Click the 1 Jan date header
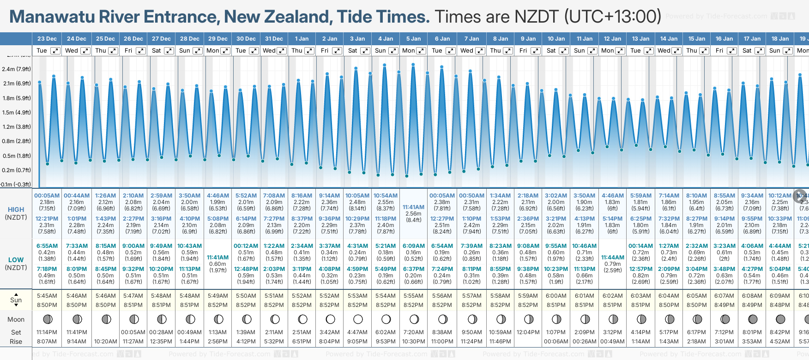click(302, 39)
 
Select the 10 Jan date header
click(556, 39)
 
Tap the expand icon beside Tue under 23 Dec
click(55, 51)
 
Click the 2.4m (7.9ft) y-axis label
click(16, 69)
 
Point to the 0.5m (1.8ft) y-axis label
click(16, 156)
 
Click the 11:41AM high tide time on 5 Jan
click(413, 207)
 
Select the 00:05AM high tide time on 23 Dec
click(47, 196)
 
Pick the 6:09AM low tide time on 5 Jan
click(413, 246)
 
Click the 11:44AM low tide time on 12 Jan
click(612, 258)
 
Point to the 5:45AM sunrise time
click(47, 296)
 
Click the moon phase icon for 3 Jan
click(358, 319)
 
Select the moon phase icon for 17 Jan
click(753, 319)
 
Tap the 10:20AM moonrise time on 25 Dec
click(106, 342)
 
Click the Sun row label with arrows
click(16, 300)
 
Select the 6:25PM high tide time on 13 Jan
click(641, 219)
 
